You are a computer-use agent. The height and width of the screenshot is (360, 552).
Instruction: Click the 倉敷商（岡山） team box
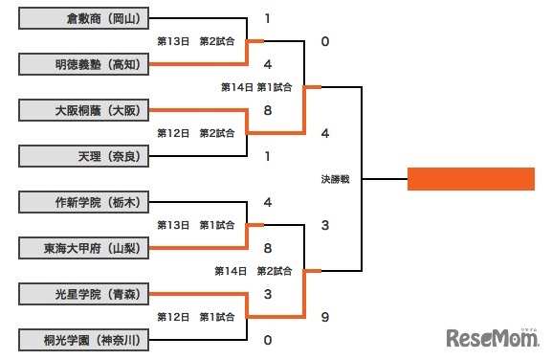tap(84, 18)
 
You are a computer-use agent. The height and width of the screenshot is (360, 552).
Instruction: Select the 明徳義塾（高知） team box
tap(84, 64)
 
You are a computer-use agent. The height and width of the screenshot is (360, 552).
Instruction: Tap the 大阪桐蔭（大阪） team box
tap(84, 110)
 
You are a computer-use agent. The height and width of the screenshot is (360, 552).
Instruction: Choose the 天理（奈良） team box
tap(84, 156)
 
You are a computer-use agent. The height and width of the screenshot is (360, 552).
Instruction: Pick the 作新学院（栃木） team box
tap(84, 202)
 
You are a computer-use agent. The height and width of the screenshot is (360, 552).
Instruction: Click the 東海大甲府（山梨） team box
tap(84, 248)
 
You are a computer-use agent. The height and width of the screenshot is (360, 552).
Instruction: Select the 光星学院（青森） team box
tap(84, 294)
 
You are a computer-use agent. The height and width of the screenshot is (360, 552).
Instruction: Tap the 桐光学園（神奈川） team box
tap(84, 340)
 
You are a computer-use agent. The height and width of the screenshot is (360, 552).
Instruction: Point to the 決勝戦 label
tap(335, 179)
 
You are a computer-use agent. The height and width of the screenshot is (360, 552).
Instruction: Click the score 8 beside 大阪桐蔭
tap(269, 110)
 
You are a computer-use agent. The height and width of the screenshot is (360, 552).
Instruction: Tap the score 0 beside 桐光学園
tap(269, 340)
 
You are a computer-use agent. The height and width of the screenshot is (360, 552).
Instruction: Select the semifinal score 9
tap(326, 317)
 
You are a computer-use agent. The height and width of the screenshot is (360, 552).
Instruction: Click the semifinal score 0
tap(326, 41)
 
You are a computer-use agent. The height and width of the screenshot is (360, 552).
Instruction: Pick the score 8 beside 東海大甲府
tap(269, 248)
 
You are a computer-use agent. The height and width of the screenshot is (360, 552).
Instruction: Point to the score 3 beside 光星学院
tap(269, 294)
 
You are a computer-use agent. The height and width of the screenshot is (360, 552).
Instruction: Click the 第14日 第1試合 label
tap(255, 87)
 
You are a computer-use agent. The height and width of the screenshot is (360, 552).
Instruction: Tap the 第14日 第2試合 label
tap(255, 271)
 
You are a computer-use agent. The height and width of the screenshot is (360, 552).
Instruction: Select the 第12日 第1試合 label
tap(196, 317)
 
